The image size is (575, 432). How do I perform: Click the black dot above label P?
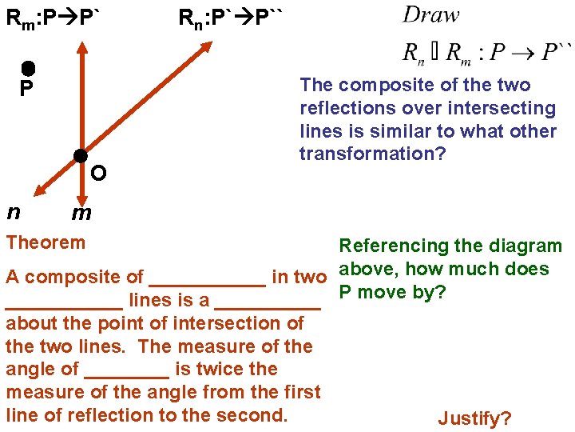(x=27, y=69)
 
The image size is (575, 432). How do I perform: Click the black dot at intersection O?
(x=81, y=155)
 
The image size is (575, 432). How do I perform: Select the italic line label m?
(x=81, y=213)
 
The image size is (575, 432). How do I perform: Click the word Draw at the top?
(x=431, y=14)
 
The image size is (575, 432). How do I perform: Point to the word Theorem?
(x=45, y=242)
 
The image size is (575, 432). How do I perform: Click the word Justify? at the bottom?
(x=475, y=418)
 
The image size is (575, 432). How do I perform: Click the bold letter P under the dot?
(x=26, y=88)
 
